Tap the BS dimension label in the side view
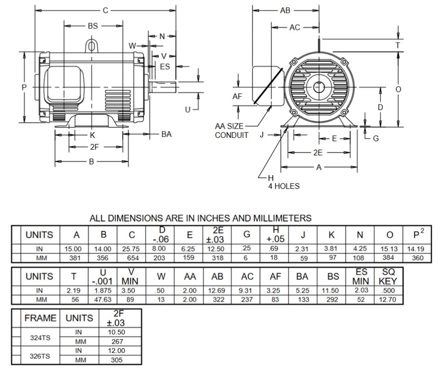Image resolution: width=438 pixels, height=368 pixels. point(93,26)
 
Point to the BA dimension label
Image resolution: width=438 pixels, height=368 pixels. point(166,134)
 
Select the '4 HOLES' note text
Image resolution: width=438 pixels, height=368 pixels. point(284,186)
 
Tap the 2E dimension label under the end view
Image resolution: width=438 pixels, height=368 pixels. point(318,153)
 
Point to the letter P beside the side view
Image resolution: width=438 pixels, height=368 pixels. point(24,88)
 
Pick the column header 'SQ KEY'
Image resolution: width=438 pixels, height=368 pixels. point(388,277)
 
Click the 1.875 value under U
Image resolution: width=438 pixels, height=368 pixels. point(103,291)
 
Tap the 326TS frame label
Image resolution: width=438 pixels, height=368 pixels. point(40,356)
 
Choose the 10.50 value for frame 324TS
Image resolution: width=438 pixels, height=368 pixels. point(116,332)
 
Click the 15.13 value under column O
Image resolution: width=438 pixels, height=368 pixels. point(389,249)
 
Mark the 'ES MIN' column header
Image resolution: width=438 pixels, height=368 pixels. point(361,277)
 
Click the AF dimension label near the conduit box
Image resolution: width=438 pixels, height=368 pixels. point(237,97)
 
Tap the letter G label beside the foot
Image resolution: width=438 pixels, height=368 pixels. point(376,139)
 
